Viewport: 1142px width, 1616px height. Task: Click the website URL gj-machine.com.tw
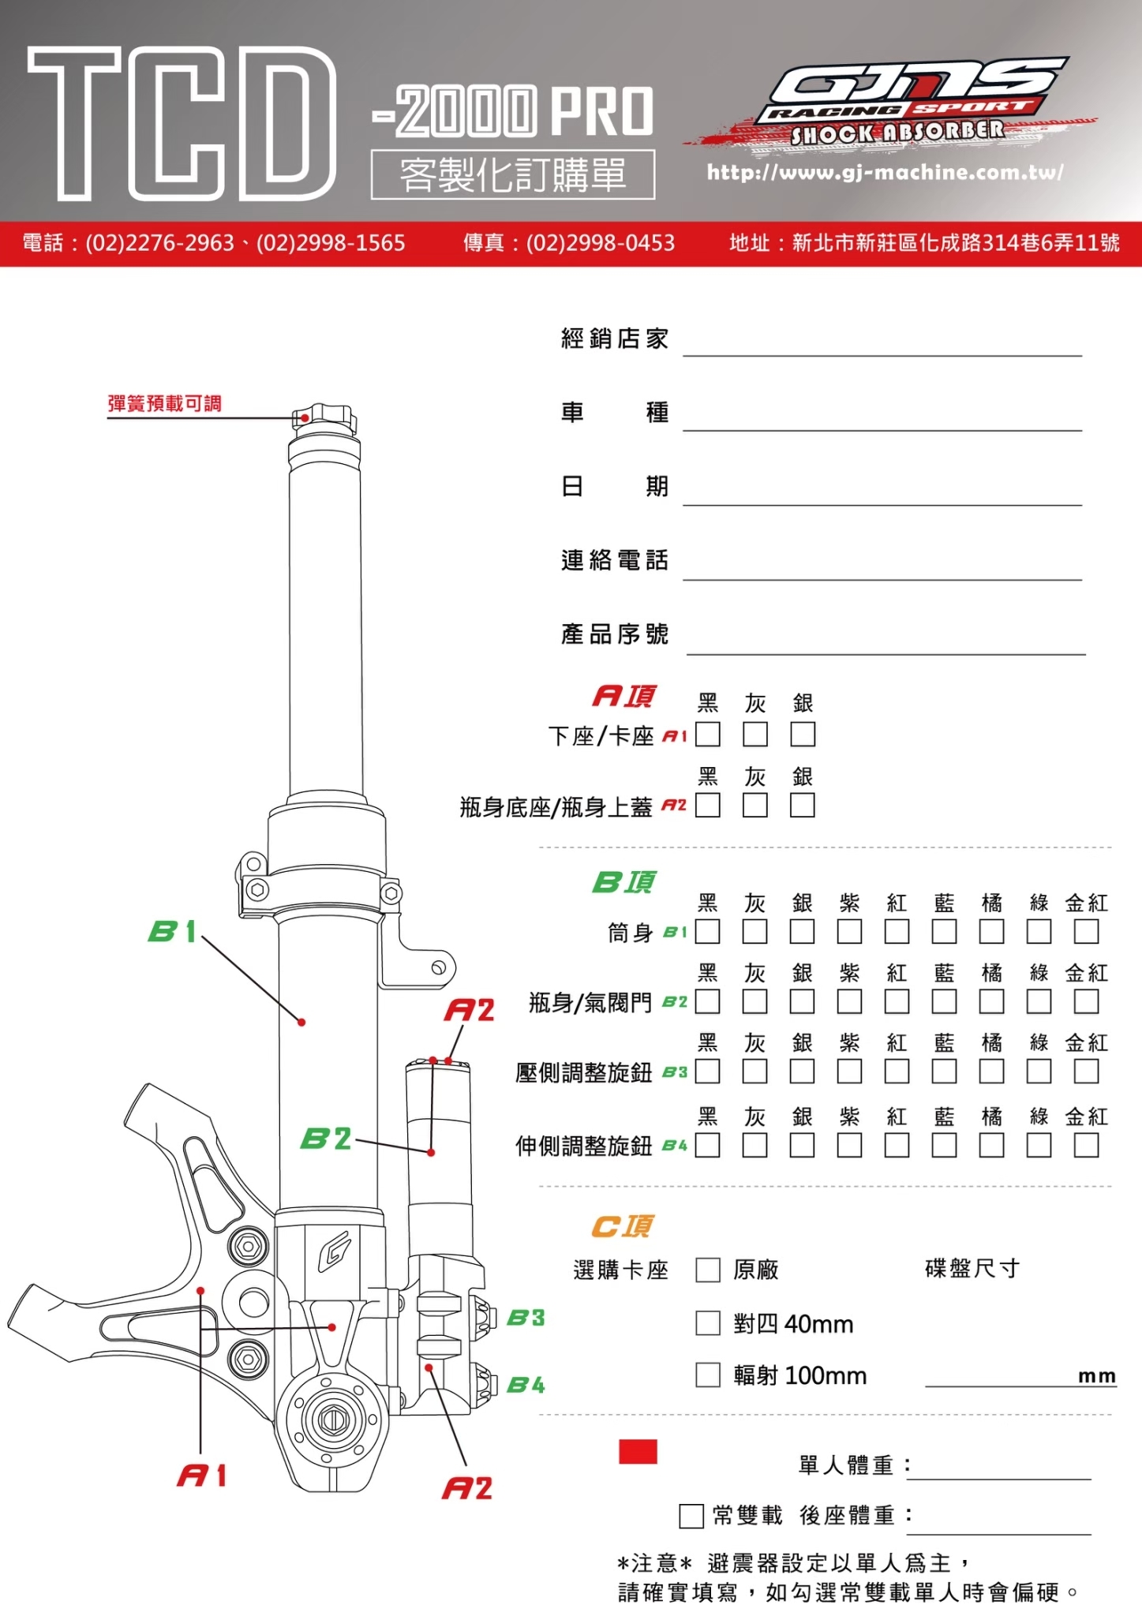click(885, 172)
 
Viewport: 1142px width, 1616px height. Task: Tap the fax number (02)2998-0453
click(600, 242)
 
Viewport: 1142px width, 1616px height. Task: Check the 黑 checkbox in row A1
click(708, 735)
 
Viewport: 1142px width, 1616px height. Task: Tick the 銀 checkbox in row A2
click(803, 806)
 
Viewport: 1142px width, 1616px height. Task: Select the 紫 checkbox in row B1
click(849, 932)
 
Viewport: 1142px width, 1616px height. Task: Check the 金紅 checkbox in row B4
click(1086, 1145)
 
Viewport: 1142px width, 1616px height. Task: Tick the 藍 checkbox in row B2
click(944, 1002)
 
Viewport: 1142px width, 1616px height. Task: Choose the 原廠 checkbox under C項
click(708, 1270)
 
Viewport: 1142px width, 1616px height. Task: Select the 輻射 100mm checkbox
click(708, 1375)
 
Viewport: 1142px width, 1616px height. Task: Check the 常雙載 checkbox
click(691, 1516)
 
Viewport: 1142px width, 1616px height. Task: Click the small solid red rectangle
click(638, 1452)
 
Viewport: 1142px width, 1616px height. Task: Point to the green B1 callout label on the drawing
click(171, 931)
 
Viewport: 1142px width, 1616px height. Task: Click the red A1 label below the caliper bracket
click(202, 1476)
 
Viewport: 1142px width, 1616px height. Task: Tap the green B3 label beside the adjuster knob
click(526, 1318)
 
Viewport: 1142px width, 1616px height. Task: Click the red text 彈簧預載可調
click(164, 404)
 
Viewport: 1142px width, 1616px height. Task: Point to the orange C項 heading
click(623, 1226)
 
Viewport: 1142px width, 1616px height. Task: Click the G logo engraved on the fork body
click(334, 1251)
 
